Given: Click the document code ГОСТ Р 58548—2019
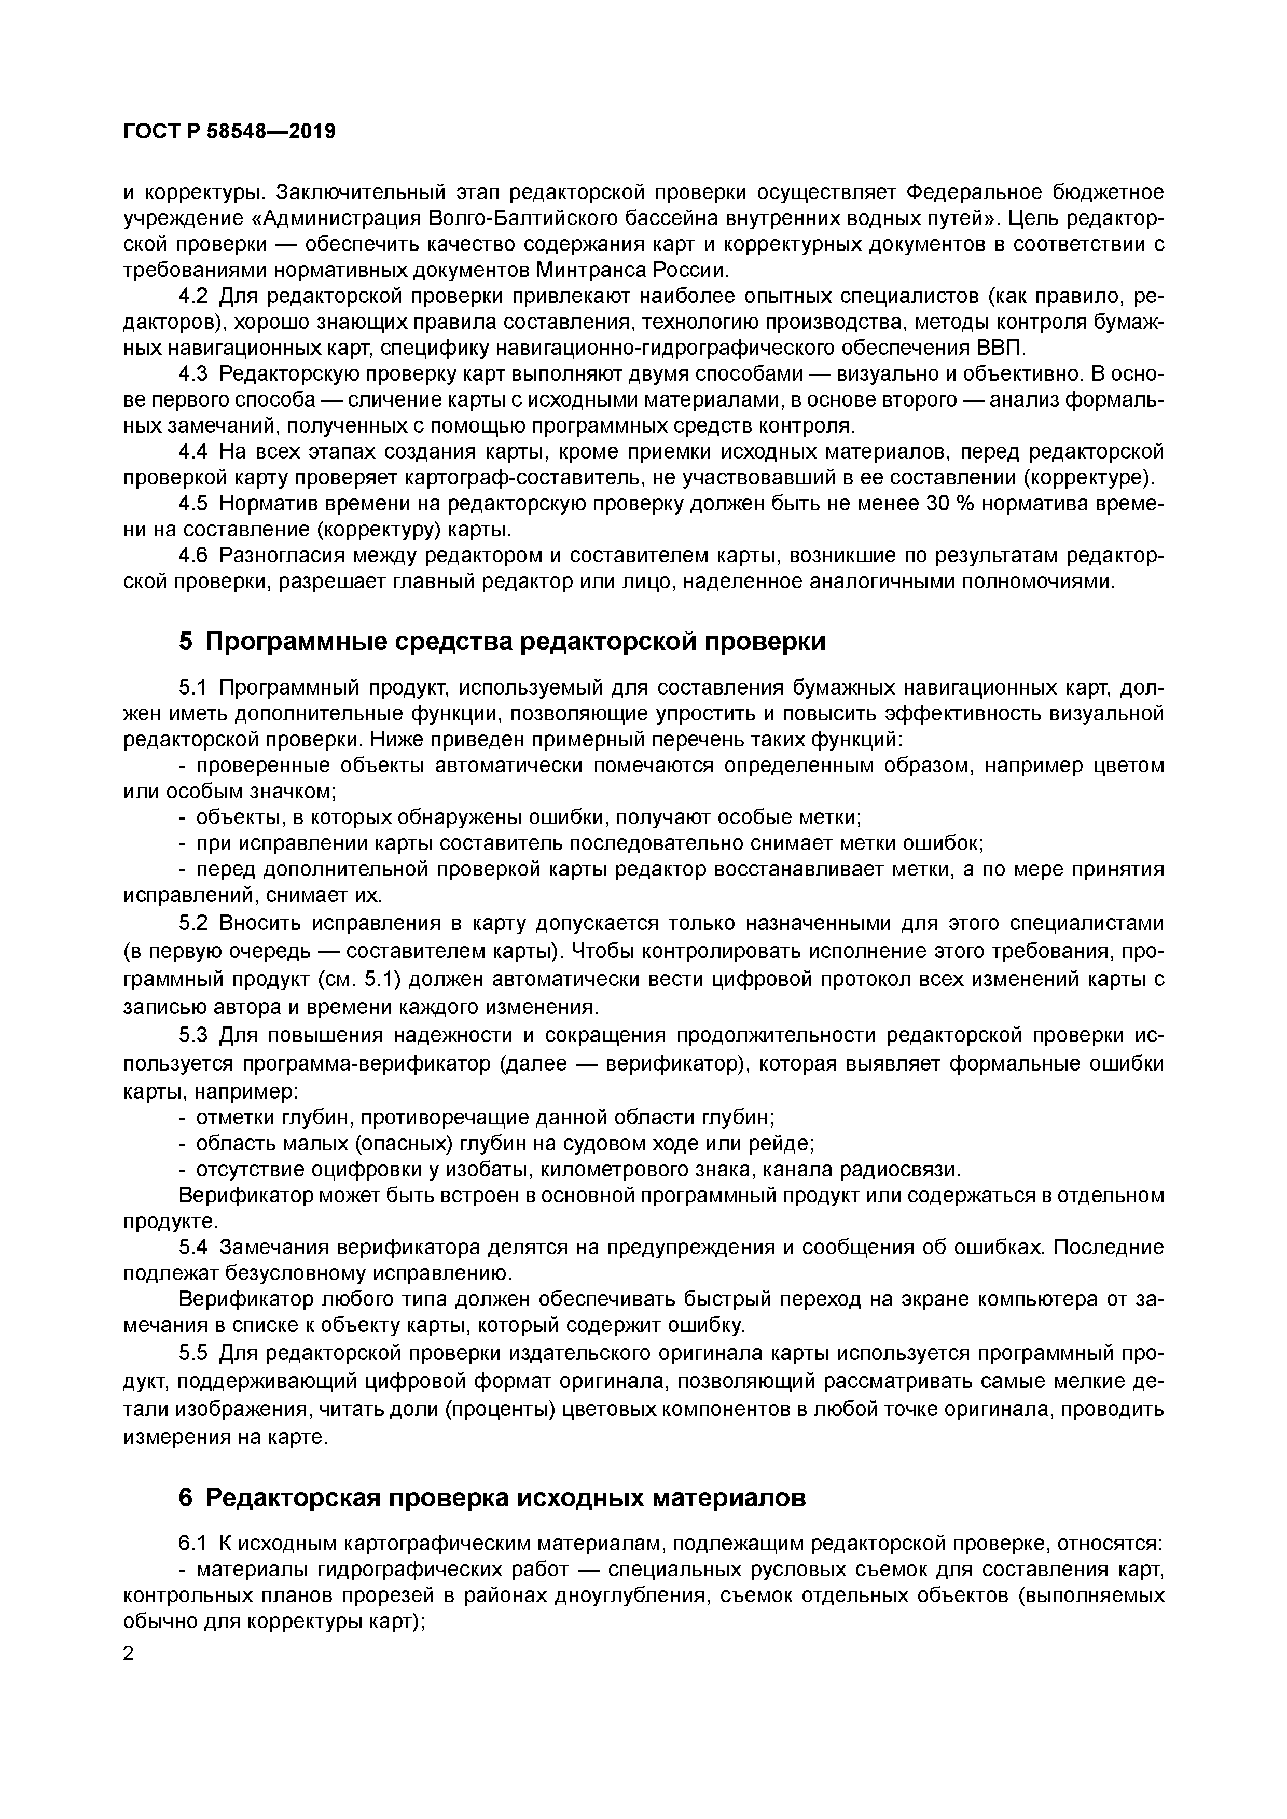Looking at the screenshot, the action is (230, 132).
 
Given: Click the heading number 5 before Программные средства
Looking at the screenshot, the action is (185, 641).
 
